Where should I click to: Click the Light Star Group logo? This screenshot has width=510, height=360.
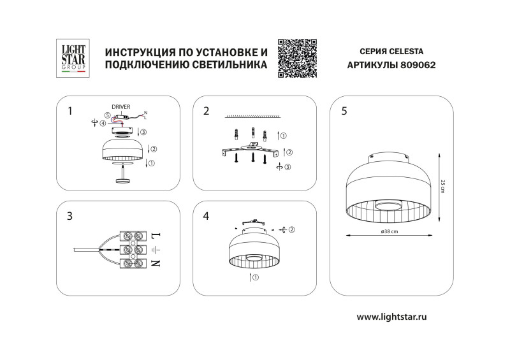coord(72,58)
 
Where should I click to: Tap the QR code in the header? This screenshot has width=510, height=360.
coord(298,58)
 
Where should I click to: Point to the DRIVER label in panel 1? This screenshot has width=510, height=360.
coord(121,106)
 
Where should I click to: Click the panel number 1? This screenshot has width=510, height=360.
coord(69,111)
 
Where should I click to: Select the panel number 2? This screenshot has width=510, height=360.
coord(206,111)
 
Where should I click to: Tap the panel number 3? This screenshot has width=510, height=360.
coord(69,216)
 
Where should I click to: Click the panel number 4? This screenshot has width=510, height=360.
coord(206,216)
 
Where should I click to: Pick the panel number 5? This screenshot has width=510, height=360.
coord(344,111)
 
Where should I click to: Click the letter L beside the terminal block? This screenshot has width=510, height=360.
coord(157,236)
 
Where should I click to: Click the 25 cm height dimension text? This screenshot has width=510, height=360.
coord(442,187)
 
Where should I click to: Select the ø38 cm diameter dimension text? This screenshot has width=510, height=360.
coord(389,232)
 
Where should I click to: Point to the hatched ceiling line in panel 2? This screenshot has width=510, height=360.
coord(254,117)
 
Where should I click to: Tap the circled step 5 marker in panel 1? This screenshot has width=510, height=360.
coord(108,115)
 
